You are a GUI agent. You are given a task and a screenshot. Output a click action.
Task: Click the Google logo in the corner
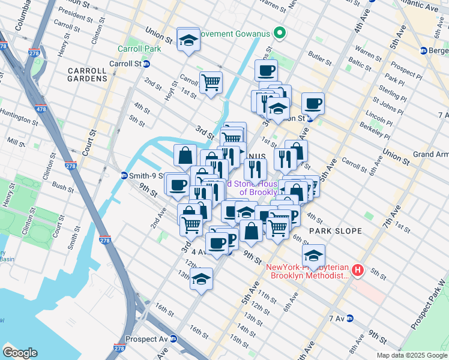click(20, 352)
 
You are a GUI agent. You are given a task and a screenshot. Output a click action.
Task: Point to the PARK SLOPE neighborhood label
click(336, 230)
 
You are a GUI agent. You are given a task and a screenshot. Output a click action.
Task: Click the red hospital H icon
click(358, 271)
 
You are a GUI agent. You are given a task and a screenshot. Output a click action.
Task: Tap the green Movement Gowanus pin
click(278, 32)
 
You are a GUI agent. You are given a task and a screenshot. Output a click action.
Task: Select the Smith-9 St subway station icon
click(124, 175)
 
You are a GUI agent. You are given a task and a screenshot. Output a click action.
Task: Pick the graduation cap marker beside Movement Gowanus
click(188, 40)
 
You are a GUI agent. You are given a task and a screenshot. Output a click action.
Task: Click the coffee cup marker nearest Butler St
click(266, 70)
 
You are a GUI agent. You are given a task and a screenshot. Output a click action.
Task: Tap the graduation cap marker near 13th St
click(201, 278)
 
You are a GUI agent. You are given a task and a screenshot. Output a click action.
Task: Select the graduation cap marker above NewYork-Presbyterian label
click(313, 255)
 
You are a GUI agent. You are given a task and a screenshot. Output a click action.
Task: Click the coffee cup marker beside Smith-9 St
click(176, 184)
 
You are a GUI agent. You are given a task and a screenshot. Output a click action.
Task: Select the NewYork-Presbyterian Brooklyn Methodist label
click(309, 271)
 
